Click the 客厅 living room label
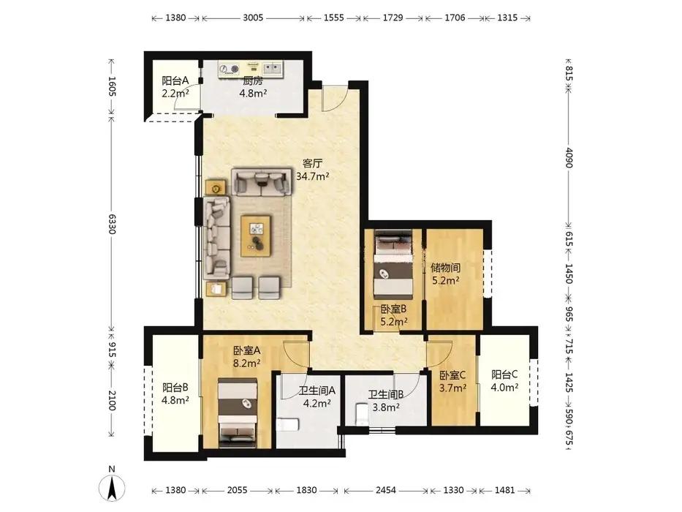coord(312,164)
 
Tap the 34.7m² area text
coord(312,176)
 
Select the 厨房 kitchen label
coord(253,80)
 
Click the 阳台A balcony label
coord(175,80)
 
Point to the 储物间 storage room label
coord(445,267)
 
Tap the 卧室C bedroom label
coord(452,374)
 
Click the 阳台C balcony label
coord(504,374)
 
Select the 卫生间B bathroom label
coord(386,394)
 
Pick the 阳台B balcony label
coord(175,387)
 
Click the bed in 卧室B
coord(393,263)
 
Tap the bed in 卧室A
coord(238,413)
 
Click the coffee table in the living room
coord(256,236)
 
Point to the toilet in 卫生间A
coord(287,424)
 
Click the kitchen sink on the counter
coord(273,68)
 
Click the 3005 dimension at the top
coord(253,18)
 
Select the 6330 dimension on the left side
coord(112,223)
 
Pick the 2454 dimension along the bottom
coord(386,490)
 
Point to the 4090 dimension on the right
coord(569,157)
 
